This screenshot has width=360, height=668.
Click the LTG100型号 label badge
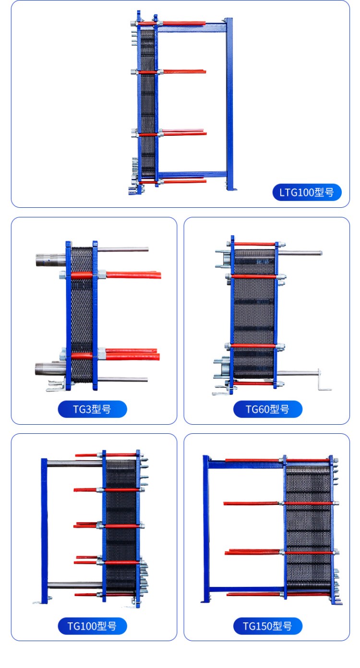coord(307,192)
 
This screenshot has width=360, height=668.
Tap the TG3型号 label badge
coord(92,409)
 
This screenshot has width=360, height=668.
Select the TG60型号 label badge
coord(267,409)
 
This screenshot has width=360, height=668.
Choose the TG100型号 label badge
coord(92,626)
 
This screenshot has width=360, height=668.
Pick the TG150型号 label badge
coord(267,626)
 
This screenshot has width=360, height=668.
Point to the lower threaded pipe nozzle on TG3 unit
coord(50,369)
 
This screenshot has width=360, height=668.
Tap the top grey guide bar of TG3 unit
coord(123,250)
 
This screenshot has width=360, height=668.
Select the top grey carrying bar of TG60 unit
coord(300,253)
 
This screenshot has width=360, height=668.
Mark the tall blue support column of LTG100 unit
coord(229,104)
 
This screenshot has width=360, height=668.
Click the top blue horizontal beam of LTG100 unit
coord(192,28)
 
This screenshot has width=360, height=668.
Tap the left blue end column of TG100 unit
coord(45,531)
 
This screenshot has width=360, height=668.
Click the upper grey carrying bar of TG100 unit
coord(75,464)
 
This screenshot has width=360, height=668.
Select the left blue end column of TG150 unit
coord(206,529)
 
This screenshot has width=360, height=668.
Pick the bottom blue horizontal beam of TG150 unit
coord(246,590)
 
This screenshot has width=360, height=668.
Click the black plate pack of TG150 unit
coord(309,528)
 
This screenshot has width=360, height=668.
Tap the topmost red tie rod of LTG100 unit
coord(172,23)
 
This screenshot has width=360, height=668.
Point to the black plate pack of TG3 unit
coord(82,315)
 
